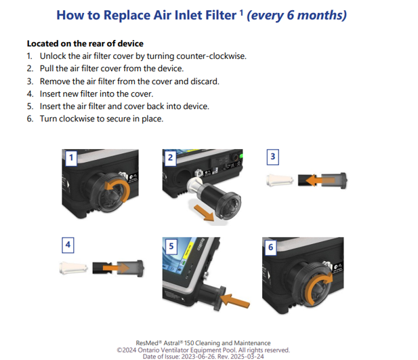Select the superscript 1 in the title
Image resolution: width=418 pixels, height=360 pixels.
click(241, 13)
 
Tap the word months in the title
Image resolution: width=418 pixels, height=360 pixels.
click(322, 15)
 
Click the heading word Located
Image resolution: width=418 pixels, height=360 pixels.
click(43, 43)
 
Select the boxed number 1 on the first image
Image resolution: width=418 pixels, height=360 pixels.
click(71, 157)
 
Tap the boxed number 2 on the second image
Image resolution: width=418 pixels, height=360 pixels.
click(170, 157)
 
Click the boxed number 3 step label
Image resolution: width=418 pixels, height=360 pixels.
click(273, 157)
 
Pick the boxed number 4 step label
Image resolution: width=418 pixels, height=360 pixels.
click(68, 245)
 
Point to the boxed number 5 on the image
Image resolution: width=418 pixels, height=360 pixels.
click(171, 246)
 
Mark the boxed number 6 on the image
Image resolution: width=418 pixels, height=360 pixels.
click(270, 247)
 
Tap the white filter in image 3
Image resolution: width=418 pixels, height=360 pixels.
click(280, 180)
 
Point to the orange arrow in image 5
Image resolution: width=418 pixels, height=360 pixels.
click(236, 300)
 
